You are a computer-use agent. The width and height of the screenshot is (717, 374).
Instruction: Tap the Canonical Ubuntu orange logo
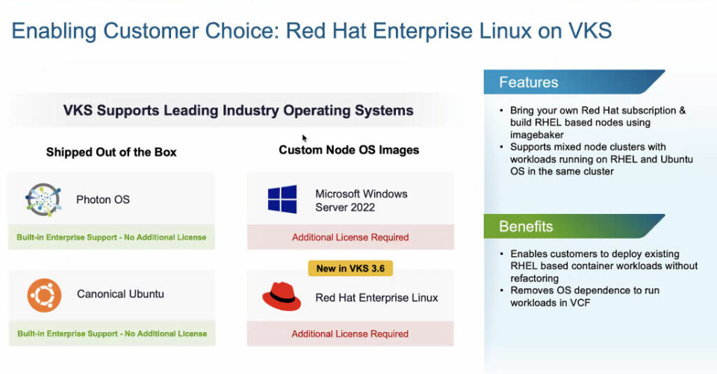[44, 295]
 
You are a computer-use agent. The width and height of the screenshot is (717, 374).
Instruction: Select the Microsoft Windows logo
[282, 200]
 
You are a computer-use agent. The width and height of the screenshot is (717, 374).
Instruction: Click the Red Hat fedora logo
[281, 297]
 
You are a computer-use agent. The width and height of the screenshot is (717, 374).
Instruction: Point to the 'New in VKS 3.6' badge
[350, 268]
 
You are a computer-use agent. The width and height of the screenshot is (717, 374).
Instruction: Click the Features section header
[529, 82]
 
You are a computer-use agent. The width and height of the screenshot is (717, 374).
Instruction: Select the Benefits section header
[526, 227]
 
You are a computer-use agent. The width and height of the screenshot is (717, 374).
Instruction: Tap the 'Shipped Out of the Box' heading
[111, 152]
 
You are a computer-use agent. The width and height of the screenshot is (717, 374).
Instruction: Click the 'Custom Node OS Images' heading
[349, 150]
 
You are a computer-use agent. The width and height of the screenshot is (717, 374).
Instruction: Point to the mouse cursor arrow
[305, 138]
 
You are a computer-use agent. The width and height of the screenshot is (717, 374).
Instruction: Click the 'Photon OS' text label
[103, 200]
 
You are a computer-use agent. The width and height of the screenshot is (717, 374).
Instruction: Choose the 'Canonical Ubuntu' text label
[120, 294]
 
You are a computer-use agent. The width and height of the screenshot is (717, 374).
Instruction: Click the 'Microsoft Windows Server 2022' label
[361, 200]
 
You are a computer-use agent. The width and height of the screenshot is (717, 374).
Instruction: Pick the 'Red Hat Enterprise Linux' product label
[376, 298]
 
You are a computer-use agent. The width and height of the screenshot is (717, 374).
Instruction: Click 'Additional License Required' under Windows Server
[350, 237]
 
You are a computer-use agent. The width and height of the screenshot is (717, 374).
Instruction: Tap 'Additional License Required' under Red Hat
[350, 334]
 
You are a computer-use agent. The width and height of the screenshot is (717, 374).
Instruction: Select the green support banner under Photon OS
[111, 238]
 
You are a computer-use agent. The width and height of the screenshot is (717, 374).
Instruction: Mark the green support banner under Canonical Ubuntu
[111, 334]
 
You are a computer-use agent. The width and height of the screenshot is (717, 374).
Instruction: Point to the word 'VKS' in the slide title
[589, 31]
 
